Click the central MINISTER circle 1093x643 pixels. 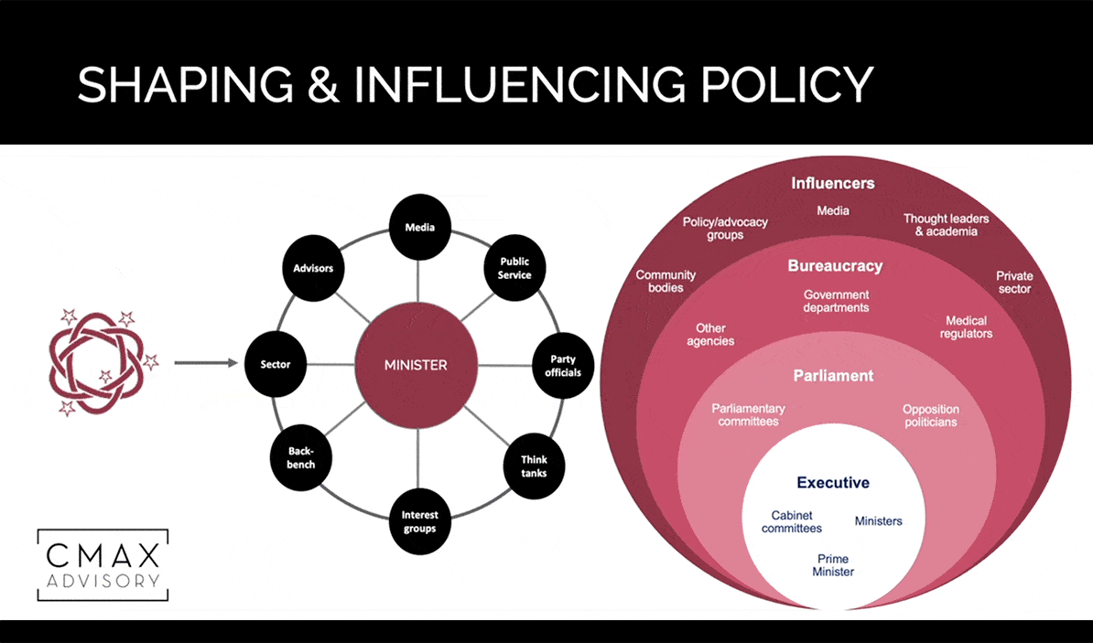click(417, 364)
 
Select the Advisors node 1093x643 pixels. click(313, 269)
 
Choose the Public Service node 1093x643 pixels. click(514, 268)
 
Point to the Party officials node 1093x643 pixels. click(564, 366)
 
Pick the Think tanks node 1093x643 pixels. click(534, 466)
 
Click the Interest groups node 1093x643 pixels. click(419, 521)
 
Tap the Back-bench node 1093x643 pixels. click(302, 457)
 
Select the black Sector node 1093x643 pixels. click(276, 364)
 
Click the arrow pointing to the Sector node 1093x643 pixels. click(205, 363)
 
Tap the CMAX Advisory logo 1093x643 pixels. click(103, 564)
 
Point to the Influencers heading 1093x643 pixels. click(832, 183)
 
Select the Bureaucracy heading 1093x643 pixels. click(835, 266)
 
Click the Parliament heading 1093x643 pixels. click(833, 376)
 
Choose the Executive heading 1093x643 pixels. click(832, 483)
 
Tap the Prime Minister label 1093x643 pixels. click(833, 565)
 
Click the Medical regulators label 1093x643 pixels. click(966, 327)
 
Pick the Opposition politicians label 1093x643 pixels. click(929, 415)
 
